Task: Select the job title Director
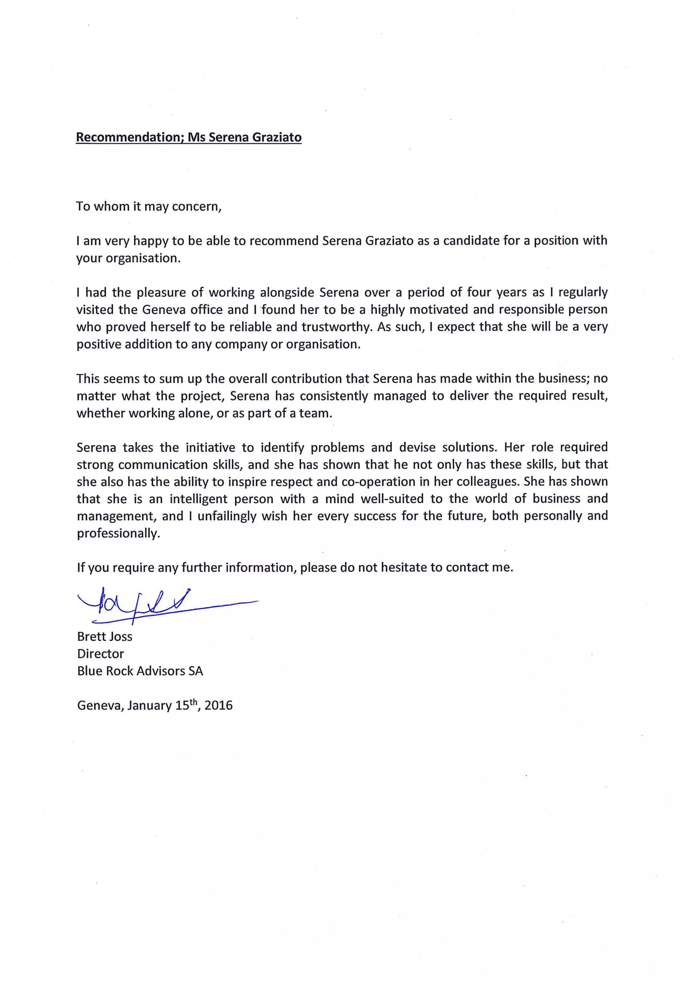[100, 654]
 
